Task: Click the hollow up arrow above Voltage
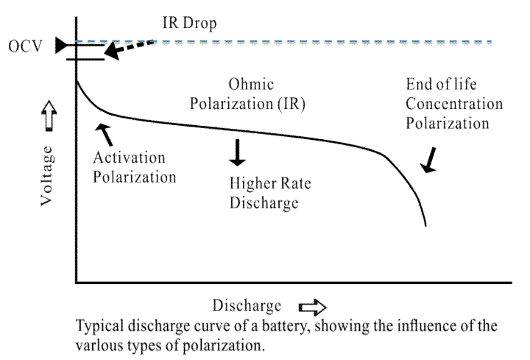pyautogui.click(x=48, y=116)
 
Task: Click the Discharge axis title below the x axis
pyautogui.click(x=247, y=306)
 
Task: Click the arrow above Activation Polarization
pyautogui.click(x=105, y=133)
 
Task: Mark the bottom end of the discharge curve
pyautogui.click(x=426, y=225)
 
